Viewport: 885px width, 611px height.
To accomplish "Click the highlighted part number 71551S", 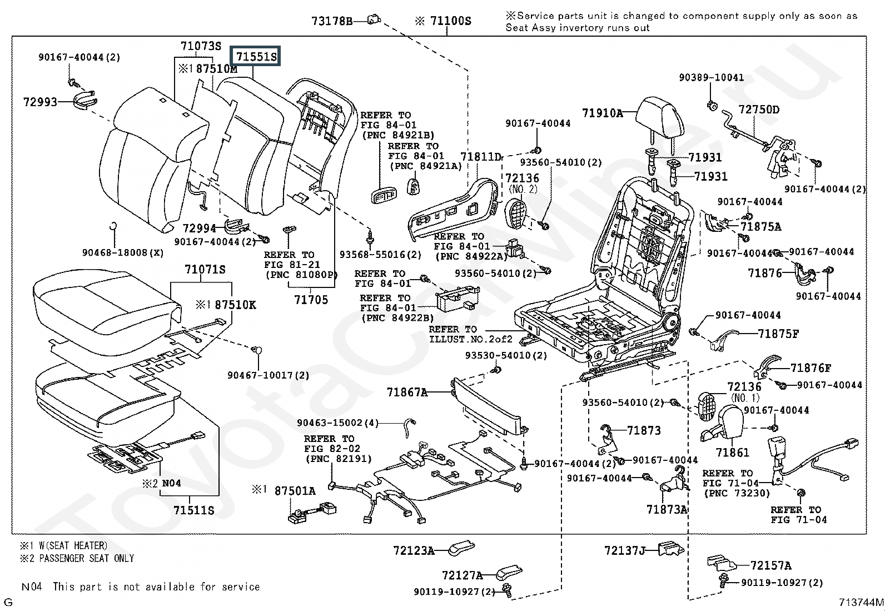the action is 256,56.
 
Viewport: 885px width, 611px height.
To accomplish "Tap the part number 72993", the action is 40,102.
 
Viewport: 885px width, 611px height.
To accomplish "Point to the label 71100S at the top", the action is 450,21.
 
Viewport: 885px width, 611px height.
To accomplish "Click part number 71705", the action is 311,300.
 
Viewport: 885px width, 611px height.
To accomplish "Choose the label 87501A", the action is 295,490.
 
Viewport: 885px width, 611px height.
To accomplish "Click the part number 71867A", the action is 407,392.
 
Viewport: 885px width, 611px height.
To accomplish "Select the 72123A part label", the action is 414,550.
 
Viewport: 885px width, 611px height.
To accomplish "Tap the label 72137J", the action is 625,550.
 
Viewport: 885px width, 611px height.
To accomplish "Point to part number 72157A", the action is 771,565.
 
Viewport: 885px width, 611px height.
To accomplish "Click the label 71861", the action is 733,453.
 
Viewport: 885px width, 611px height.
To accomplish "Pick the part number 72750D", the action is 759,110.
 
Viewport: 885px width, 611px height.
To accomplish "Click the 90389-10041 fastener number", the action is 711,77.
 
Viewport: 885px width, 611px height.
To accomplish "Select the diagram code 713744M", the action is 861,602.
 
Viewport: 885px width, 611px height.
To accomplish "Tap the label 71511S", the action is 193,510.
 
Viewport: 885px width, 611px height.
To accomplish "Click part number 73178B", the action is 332,21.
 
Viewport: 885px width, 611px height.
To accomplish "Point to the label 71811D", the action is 481,157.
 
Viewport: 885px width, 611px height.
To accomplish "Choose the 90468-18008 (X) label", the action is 123,252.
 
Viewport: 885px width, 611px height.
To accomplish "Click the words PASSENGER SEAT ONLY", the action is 87,558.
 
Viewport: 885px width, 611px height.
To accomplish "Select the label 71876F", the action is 811,368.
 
